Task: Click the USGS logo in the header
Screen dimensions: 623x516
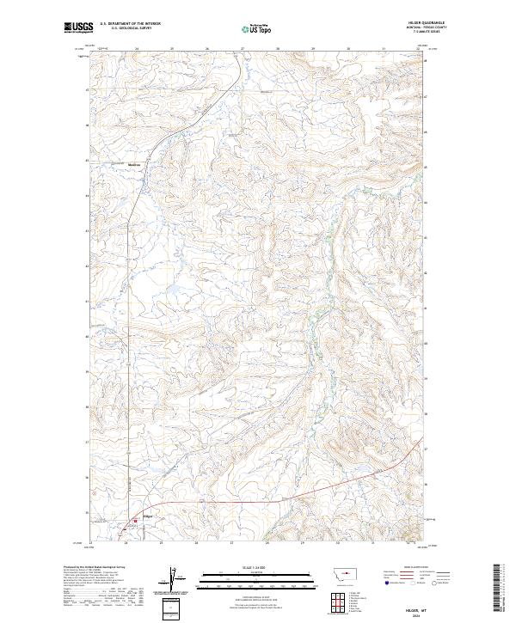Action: click(78, 27)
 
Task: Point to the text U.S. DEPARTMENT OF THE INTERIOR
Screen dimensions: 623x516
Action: click(130, 24)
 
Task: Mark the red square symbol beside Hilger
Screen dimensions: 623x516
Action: click(134, 521)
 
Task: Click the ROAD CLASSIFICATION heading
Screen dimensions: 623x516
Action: click(403, 567)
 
